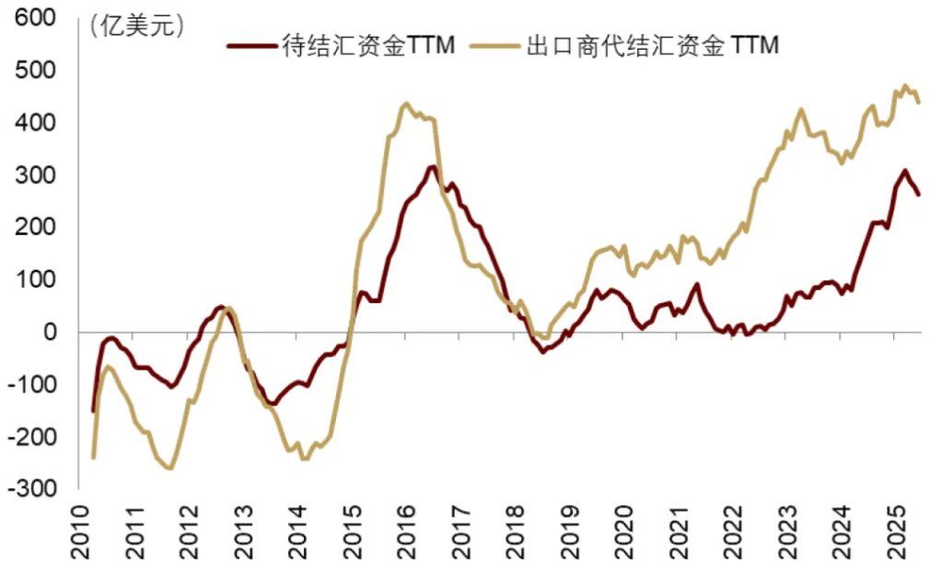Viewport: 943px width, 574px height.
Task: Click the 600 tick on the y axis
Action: (33, 18)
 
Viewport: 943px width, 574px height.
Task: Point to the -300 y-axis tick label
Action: (29, 489)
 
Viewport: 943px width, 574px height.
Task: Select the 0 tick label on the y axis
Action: (50, 333)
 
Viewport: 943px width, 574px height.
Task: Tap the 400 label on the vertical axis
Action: (33, 123)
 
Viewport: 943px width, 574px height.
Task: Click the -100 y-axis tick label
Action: (29, 385)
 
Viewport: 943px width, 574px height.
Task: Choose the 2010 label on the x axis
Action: (81, 534)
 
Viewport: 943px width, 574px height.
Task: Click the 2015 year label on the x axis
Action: (351, 534)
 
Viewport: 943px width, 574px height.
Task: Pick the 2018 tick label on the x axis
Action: (514, 534)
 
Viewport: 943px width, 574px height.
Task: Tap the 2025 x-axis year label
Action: (893, 534)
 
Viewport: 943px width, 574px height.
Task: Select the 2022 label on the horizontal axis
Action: (730, 534)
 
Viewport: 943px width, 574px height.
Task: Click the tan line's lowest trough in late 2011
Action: (169, 468)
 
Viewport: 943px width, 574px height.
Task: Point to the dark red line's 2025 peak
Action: (905, 170)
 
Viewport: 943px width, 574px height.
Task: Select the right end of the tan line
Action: (919, 102)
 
